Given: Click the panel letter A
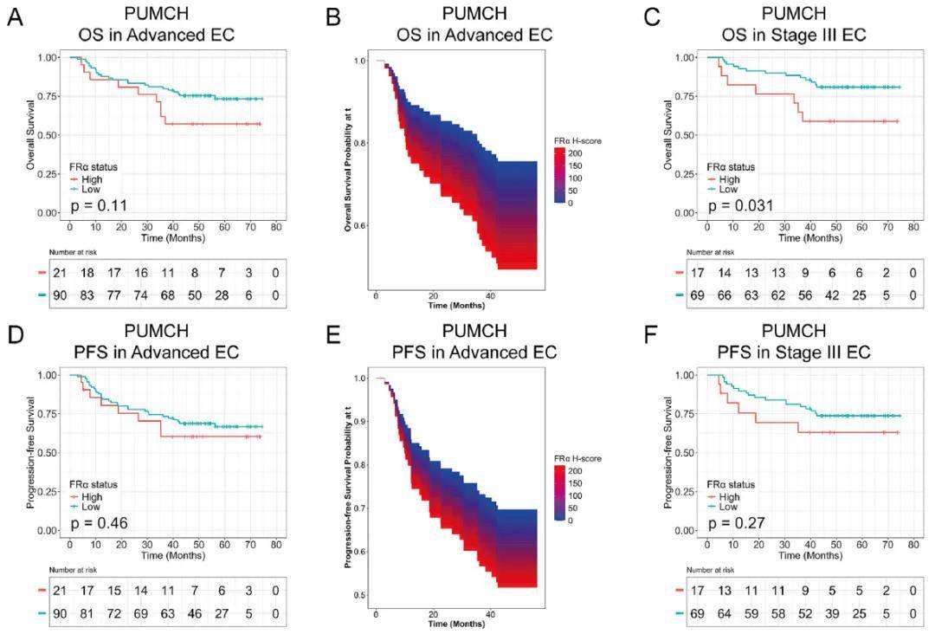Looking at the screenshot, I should point(15,18).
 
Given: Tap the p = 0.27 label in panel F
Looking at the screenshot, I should point(738,522).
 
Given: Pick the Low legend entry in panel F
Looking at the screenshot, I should point(729,507).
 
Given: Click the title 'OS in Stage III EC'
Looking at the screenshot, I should point(795,36).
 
